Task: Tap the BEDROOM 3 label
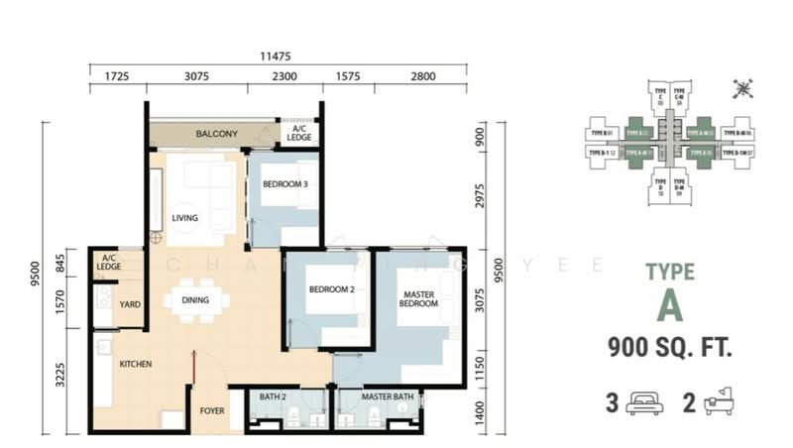click(x=284, y=184)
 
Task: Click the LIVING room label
click(x=185, y=218)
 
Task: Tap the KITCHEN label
click(x=136, y=365)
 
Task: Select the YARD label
click(x=129, y=305)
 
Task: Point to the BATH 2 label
click(x=273, y=397)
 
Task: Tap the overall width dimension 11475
click(x=277, y=57)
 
